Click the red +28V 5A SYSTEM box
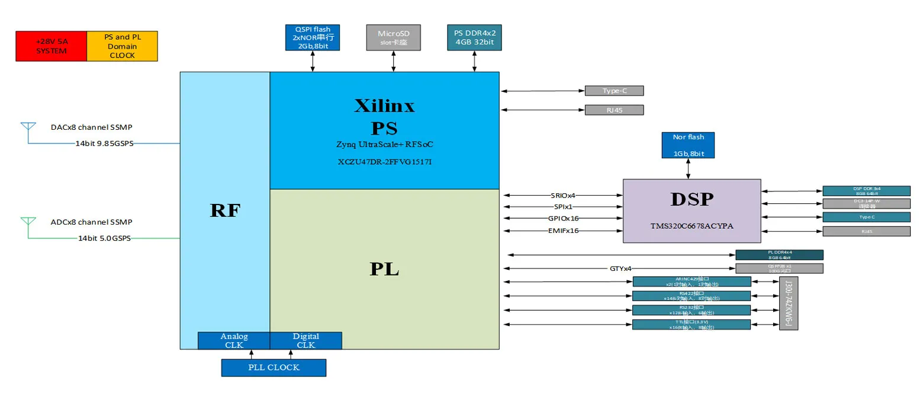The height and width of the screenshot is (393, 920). tap(51, 46)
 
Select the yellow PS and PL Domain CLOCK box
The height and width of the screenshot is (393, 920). tap(122, 46)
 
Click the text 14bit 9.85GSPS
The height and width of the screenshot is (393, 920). tap(104, 143)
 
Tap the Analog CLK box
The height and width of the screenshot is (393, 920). tap(234, 341)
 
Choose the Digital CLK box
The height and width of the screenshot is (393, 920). tap(305, 341)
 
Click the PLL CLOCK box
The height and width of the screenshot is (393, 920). tap(274, 368)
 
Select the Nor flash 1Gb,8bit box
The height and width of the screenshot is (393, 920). tap(688, 145)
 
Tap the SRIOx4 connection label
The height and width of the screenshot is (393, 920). tap(564, 195)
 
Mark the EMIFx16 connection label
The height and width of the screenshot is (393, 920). tap(564, 231)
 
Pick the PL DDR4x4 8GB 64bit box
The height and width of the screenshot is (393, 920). tap(779, 255)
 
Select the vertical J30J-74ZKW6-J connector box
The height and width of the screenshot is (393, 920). tap(789, 303)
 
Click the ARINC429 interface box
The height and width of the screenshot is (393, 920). tap(691, 282)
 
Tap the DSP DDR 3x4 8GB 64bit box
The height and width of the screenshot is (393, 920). tap(866, 190)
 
